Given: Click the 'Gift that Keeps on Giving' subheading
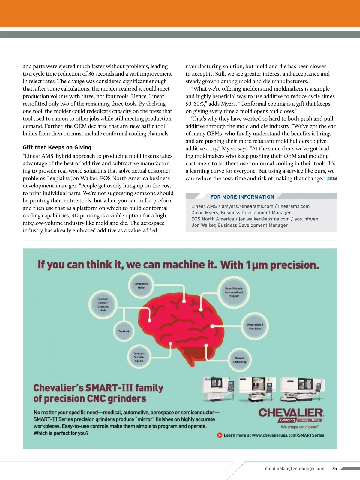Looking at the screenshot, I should coord(57,147).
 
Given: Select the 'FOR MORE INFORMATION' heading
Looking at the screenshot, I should coord(242,197).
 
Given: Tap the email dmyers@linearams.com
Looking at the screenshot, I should coord(247,206).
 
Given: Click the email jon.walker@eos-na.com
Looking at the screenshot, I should coord(264,219).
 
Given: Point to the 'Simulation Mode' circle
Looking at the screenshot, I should coord(141,286).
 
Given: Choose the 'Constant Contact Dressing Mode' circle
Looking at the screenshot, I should coord(103,305).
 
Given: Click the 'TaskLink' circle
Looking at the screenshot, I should coord(124,331).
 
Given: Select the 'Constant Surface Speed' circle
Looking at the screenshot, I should coord(139,357).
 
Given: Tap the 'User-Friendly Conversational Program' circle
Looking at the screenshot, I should coord(234,292).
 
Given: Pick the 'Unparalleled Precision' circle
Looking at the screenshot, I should coord(255,327).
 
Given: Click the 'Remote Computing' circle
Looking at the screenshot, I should coord(240,360).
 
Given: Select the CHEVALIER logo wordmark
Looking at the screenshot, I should coord(291,412).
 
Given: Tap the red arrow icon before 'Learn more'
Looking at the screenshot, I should coord(220,435).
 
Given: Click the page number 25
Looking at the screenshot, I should coord(334,468).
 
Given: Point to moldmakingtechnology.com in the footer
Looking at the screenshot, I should coord(295,468).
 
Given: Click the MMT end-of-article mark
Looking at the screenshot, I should coord(331,178).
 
